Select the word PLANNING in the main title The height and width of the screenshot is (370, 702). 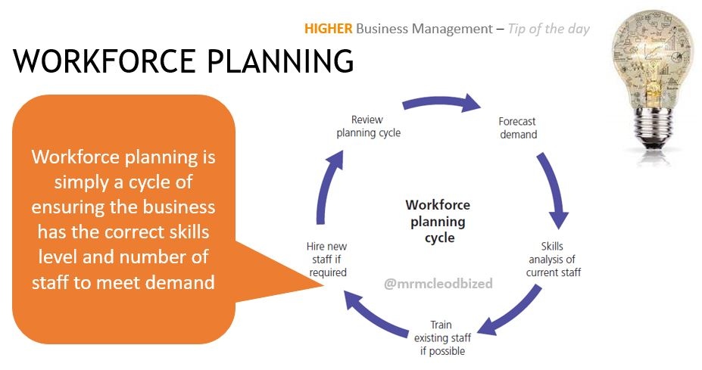pyautogui.click(x=277, y=61)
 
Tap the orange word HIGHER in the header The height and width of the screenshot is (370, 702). pyautogui.click(x=328, y=30)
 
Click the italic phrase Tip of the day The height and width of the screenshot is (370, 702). pyautogui.click(x=548, y=30)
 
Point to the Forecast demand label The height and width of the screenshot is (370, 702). pyautogui.click(x=518, y=128)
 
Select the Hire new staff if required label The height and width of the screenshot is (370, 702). pyautogui.click(x=326, y=260)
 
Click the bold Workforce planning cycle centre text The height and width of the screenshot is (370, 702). pyautogui.click(x=438, y=221)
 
